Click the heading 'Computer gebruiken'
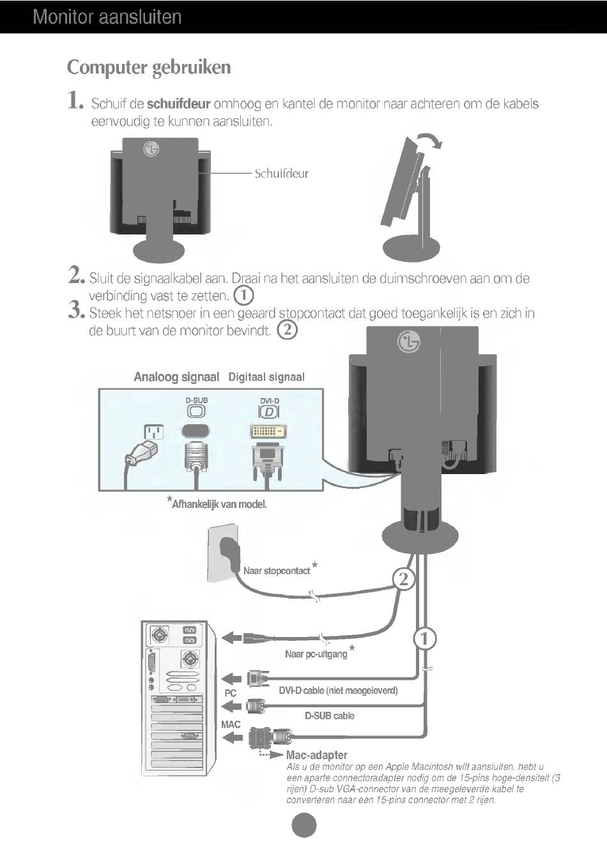click(x=149, y=67)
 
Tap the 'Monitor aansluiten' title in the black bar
click(x=107, y=17)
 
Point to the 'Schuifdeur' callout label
click(x=281, y=173)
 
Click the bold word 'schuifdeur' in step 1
click(x=178, y=104)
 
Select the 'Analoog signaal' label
click(x=176, y=377)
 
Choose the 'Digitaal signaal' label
click(x=266, y=377)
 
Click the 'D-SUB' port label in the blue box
click(x=197, y=400)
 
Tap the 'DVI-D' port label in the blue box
click(x=269, y=401)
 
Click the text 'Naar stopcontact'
click(x=277, y=571)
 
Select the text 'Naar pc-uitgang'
click(x=316, y=654)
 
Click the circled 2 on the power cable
click(x=404, y=580)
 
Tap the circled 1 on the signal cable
click(x=425, y=638)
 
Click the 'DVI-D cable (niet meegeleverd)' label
click(x=338, y=691)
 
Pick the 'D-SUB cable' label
click(x=329, y=716)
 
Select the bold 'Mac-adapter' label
click(x=317, y=755)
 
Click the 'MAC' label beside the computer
click(x=231, y=725)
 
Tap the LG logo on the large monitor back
click(x=409, y=342)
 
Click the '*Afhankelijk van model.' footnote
click(x=217, y=503)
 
